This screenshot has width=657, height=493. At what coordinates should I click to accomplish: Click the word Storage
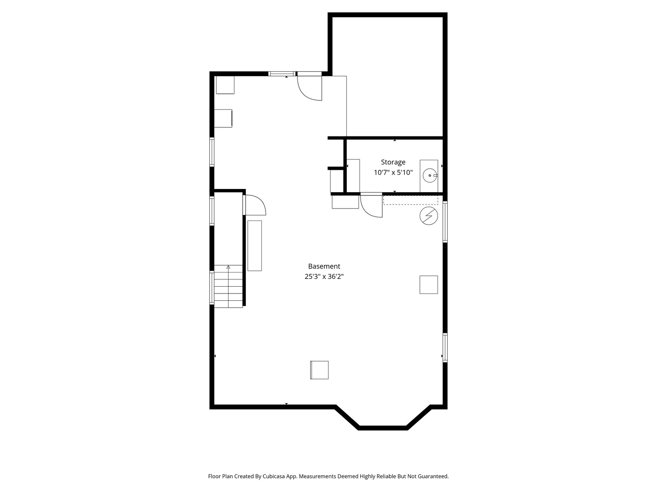coord(393,162)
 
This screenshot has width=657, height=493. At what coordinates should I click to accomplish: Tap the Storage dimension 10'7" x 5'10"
coord(393,173)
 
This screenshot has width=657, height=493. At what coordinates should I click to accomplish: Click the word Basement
coord(324,266)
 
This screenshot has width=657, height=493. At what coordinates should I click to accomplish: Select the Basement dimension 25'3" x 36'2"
coord(324,276)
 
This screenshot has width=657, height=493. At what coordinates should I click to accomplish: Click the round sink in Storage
coord(430,175)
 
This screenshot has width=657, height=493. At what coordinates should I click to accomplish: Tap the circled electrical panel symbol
coord(428,215)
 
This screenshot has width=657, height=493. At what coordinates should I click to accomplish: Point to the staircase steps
coord(228,286)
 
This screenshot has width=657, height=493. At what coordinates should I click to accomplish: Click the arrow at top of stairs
coord(229,267)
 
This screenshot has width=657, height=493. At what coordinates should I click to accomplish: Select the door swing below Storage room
coord(371,206)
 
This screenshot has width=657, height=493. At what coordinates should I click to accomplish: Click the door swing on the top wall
coord(309,88)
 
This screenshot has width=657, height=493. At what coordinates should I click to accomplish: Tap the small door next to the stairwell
coord(255,205)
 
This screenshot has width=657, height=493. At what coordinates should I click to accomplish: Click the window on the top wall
coord(282,73)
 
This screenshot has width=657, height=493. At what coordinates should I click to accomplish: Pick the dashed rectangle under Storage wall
coord(410,200)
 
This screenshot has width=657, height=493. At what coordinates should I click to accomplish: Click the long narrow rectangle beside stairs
coord(255,246)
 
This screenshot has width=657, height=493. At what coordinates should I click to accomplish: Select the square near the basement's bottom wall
coord(319,370)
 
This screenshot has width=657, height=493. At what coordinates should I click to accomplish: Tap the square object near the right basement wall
coord(428,285)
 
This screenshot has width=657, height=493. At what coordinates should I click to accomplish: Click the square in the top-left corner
coord(225,85)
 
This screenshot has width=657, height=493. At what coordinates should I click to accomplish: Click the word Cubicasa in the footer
coord(274,476)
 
